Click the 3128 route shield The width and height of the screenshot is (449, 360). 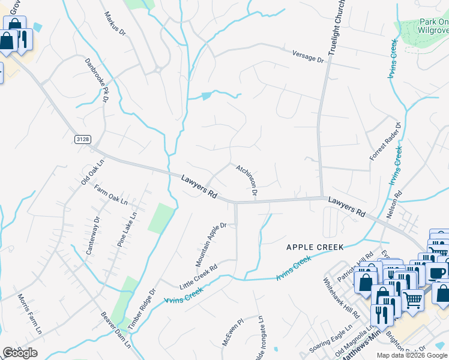(83, 139)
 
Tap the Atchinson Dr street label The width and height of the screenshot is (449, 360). (247, 180)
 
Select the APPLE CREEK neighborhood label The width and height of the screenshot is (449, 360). (315, 247)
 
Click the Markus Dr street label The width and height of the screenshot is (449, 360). (114, 23)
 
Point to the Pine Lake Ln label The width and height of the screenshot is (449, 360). (127, 229)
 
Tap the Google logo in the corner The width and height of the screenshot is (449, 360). (20, 353)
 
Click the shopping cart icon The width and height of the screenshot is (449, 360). (412, 299)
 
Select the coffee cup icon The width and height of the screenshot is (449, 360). (436, 273)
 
